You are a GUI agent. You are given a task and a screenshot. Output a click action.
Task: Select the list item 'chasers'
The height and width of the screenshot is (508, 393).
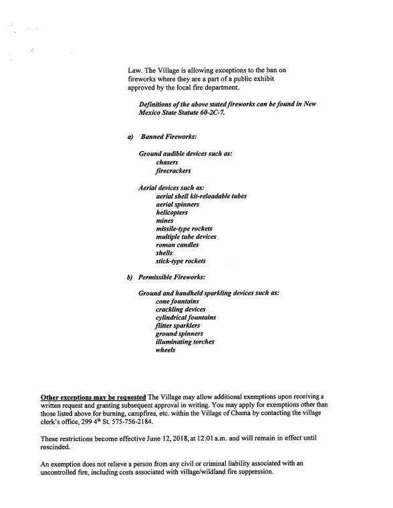click(x=167, y=162)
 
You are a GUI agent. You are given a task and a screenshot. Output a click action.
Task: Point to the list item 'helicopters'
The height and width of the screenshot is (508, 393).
click(x=173, y=212)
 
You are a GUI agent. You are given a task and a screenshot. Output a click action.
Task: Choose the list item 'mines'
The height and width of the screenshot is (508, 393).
click(x=164, y=220)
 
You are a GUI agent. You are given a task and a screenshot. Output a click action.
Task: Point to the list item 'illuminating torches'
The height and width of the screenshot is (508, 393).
click(x=184, y=342)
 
